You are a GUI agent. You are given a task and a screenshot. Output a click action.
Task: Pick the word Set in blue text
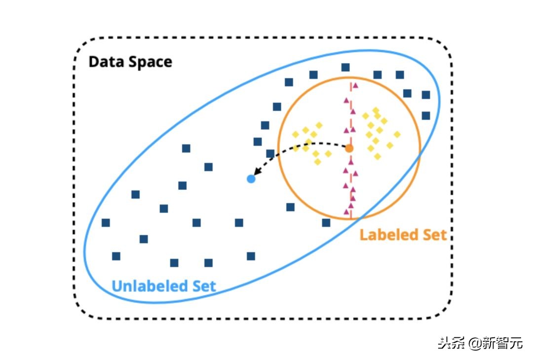tap(203, 286)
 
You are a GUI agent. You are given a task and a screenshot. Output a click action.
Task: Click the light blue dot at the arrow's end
tap(251, 179)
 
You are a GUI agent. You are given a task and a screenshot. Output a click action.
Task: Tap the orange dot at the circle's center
tap(349, 148)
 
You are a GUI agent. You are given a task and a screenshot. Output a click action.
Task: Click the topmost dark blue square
tap(345, 67)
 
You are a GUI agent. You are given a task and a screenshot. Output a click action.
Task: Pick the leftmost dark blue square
tap(106, 222)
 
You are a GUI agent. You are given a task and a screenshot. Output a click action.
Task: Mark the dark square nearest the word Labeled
tap(326, 222)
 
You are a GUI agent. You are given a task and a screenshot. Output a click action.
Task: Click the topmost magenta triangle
tap(355, 85)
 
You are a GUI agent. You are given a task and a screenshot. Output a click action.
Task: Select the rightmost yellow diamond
tap(397, 134)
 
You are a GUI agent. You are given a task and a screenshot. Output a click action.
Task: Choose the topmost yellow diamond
tap(376, 110)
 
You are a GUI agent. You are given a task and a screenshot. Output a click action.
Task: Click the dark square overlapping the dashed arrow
tap(270, 153)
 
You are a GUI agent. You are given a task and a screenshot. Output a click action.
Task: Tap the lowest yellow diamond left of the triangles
tap(318, 161)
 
